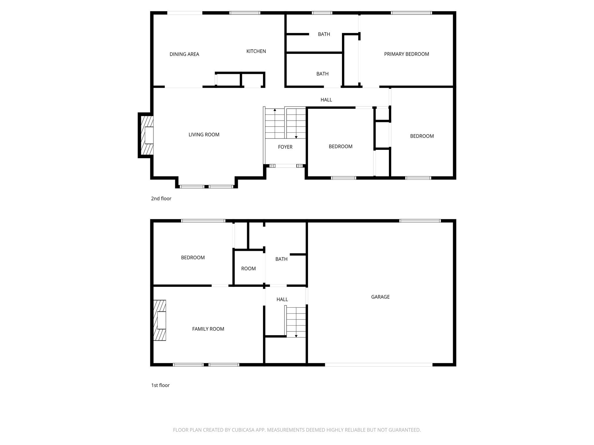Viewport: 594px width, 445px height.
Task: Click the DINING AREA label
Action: tap(184, 54)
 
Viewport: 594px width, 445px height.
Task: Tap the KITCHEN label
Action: tap(256, 51)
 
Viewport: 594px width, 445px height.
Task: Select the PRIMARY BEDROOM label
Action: tap(406, 54)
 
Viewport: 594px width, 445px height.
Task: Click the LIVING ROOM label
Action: tap(204, 134)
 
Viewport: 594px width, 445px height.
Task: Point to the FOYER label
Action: tap(285, 147)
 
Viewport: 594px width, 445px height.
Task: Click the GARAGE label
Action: tap(380, 297)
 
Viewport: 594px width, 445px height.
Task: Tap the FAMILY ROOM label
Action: tap(208, 329)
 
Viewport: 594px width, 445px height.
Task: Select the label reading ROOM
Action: tap(248, 269)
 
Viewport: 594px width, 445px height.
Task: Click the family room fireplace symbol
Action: tap(160, 320)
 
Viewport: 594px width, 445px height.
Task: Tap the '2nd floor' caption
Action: tap(161, 198)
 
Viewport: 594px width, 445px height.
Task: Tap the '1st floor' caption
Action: tap(160, 385)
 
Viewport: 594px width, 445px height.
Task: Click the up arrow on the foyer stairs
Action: tap(275, 110)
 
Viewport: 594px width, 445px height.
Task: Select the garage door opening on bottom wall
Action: tap(379, 365)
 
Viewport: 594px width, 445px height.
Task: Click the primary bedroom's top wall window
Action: tap(411, 13)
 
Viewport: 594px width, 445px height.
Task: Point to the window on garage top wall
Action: tap(420, 221)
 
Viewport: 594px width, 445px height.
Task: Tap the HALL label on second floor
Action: tap(326, 100)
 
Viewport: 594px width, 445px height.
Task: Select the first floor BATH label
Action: tap(281, 259)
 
